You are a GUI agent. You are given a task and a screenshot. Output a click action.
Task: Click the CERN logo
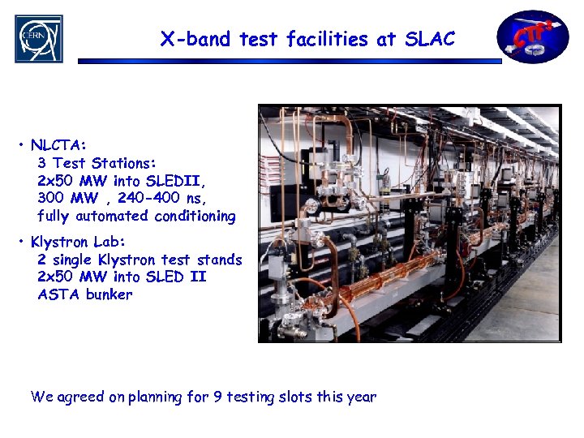tap(38, 38)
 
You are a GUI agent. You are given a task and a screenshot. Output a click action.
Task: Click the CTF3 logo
tap(532, 36)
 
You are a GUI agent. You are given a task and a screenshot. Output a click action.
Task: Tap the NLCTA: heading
tap(58, 145)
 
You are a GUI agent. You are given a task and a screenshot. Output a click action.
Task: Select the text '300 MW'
tap(67, 198)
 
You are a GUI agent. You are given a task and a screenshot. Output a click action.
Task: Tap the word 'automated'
tap(111, 216)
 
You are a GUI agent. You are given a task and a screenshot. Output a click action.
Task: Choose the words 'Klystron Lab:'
tap(78, 242)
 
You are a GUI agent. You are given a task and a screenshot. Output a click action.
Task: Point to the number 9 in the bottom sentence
tap(217, 397)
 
